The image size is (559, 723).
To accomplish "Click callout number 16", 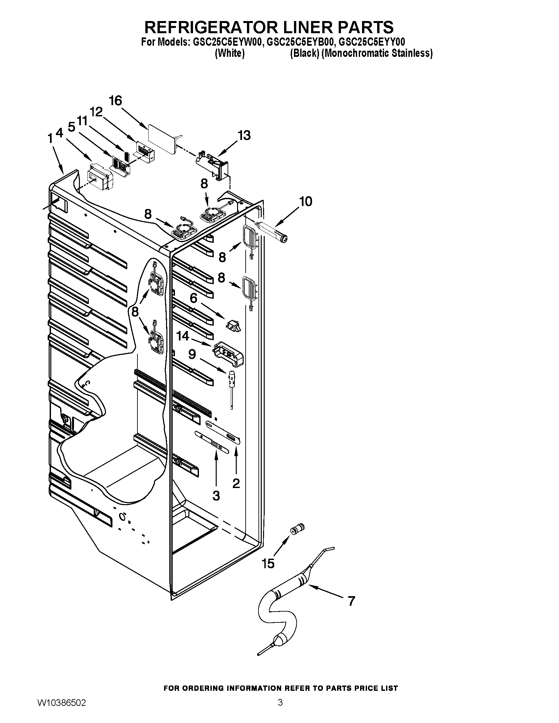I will pyautogui.click(x=115, y=101).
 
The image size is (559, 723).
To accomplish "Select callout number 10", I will pyautogui.click(x=305, y=201).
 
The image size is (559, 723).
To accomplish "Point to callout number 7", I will pyautogui.click(x=352, y=601).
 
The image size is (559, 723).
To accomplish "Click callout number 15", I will pyautogui.click(x=268, y=563).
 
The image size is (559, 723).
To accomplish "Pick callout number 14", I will pyautogui.click(x=182, y=336).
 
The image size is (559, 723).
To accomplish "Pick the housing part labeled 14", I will pyautogui.click(x=229, y=354).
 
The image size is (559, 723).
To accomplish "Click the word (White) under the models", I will pyautogui.click(x=230, y=53).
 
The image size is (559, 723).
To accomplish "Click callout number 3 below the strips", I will pyautogui.click(x=216, y=496).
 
